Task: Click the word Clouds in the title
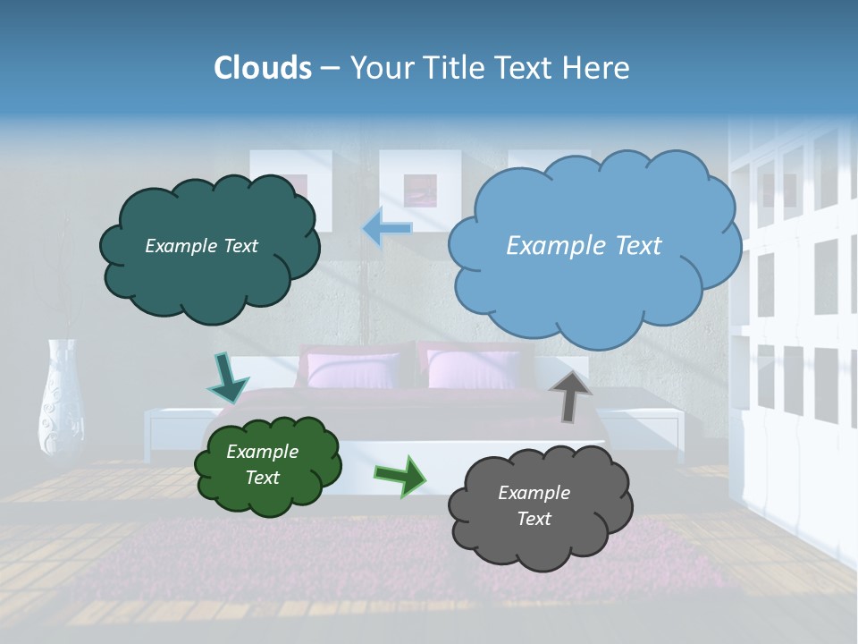[x=263, y=68]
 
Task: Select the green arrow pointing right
[x=400, y=475]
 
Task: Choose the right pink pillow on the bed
[x=473, y=369]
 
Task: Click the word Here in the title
[x=598, y=68]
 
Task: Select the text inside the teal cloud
[x=201, y=246]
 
